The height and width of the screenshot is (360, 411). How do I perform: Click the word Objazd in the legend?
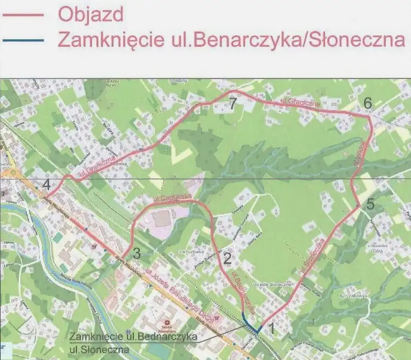click(91, 15)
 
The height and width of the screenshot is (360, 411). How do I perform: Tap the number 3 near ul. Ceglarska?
click(136, 253)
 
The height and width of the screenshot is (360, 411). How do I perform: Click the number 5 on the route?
click(370, 204)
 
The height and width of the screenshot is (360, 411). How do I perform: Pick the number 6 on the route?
click(367, 102)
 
